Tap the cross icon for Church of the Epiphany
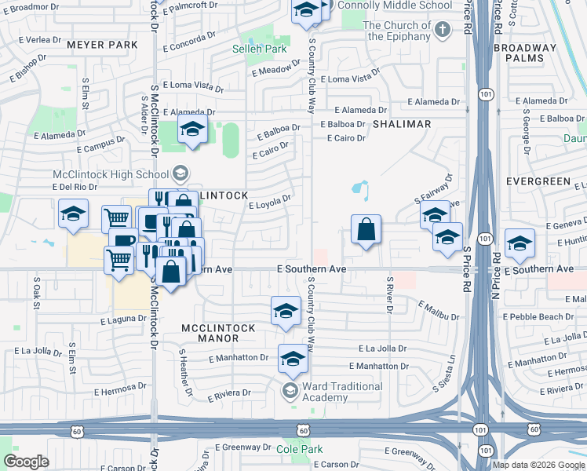coord(443,31)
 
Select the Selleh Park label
coord(260,49)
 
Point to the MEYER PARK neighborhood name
coord(102,45)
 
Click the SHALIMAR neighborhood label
coord(402,124)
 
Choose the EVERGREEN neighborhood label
coord(538,181)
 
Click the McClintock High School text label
coord(110,173)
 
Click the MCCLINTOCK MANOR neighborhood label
coord(210,333)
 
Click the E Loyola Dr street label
coord(271,203)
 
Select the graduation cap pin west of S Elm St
coord(73,213)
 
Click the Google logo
coord(26,462)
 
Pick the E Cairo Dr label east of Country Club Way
coord(347,138)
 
